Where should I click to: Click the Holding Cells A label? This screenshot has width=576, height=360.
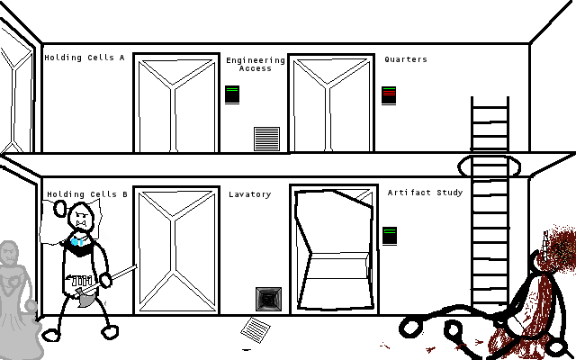click(x=85, y=58)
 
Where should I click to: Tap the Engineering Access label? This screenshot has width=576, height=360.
click(x=256, y=64)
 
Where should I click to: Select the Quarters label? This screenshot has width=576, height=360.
click(x=406, y=59)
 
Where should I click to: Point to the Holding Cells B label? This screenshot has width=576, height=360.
click(x=87, y=193)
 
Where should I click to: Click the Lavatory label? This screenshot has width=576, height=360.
click(x=249, y=193)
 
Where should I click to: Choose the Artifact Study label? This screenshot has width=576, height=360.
click(x=425, y=192)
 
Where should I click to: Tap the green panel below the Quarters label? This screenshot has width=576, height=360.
click(x=389, y=94)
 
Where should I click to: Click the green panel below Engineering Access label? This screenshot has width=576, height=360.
click(x=232, y=94)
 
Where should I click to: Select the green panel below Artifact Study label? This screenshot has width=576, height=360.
click(x=390, y=235)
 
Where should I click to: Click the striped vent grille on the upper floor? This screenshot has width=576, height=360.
click(x=266, y=139)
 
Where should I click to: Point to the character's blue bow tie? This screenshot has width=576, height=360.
click(x=79, y=241)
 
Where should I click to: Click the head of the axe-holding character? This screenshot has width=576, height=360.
click(x=81, y=219)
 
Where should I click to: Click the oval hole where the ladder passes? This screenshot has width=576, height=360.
click(x=489, y=166)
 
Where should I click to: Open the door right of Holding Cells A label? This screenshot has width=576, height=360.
click(x=176, y=103)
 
